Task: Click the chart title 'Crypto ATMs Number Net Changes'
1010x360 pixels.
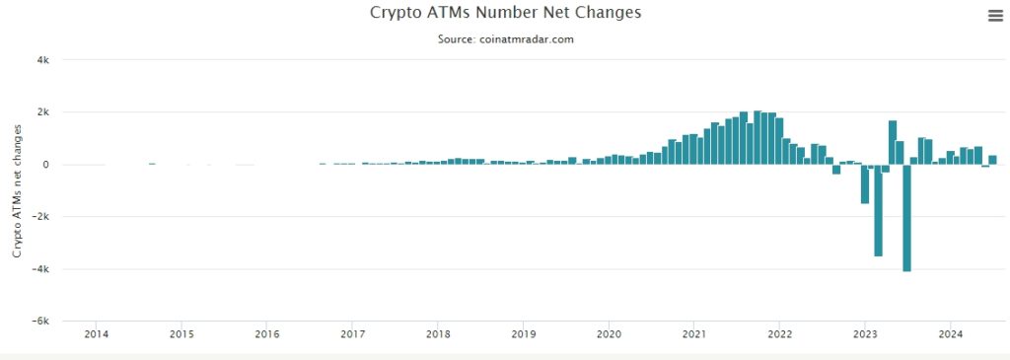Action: coord(505,13)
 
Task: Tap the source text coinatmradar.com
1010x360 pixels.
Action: coord(505,39)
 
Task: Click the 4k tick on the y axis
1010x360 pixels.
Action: coord(43,60)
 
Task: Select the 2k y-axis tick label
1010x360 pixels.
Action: coord(43,112)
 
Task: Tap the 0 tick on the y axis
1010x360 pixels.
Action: coord(46,165)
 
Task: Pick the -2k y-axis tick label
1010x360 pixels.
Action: coord(41,217)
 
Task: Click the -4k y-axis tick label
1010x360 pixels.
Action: coord(41,269)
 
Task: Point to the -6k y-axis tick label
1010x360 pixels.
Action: coord(41,322)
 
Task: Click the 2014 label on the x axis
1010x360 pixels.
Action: coord(97,333)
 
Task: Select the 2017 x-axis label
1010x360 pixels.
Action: coord(352,333)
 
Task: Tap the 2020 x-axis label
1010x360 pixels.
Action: coord(609,333)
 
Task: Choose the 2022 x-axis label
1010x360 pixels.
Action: coord(779,333)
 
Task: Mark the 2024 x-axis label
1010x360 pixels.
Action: coord(950,333)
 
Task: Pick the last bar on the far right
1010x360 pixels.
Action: coord(992,160)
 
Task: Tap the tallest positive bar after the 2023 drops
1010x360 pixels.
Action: coord(892,143)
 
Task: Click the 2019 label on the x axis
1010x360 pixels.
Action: coord(524,333)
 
